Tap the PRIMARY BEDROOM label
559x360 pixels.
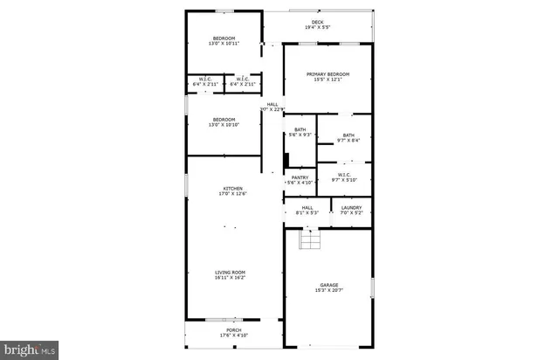[328, 74]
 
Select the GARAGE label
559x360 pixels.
[328, 285]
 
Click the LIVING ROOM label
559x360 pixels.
[231, 273]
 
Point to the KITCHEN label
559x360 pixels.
[231, 188]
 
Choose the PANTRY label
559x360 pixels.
[300, 177]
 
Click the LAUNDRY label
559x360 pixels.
[339, 207]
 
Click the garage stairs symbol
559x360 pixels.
[308, 239]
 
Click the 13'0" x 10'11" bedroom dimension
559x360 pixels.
[224, 43]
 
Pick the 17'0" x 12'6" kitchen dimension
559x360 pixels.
[231, 193]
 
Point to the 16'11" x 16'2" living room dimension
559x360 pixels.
[231, 278]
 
